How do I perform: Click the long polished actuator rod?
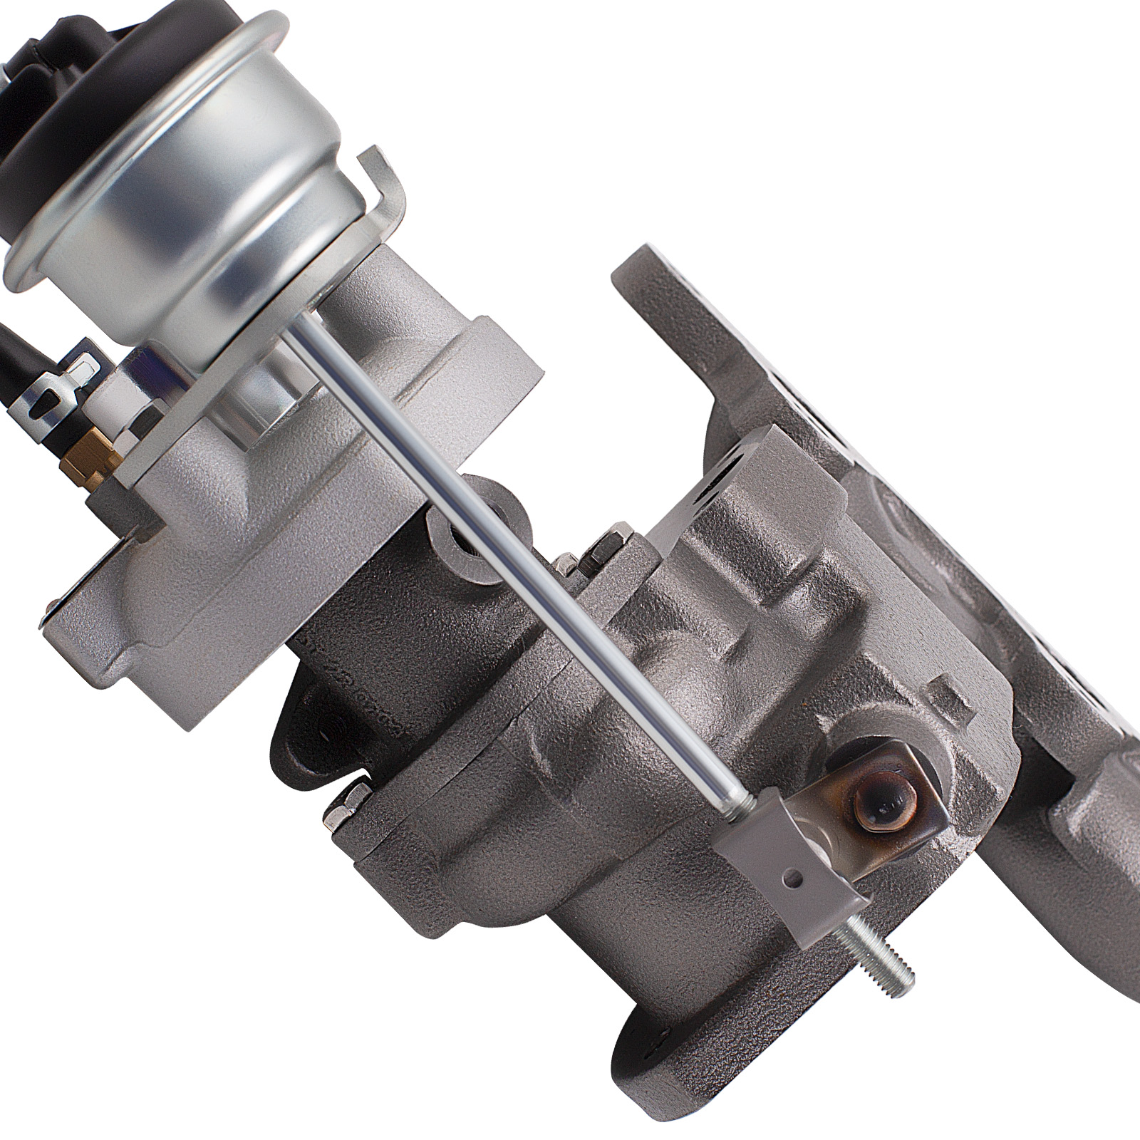pos(513,556)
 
